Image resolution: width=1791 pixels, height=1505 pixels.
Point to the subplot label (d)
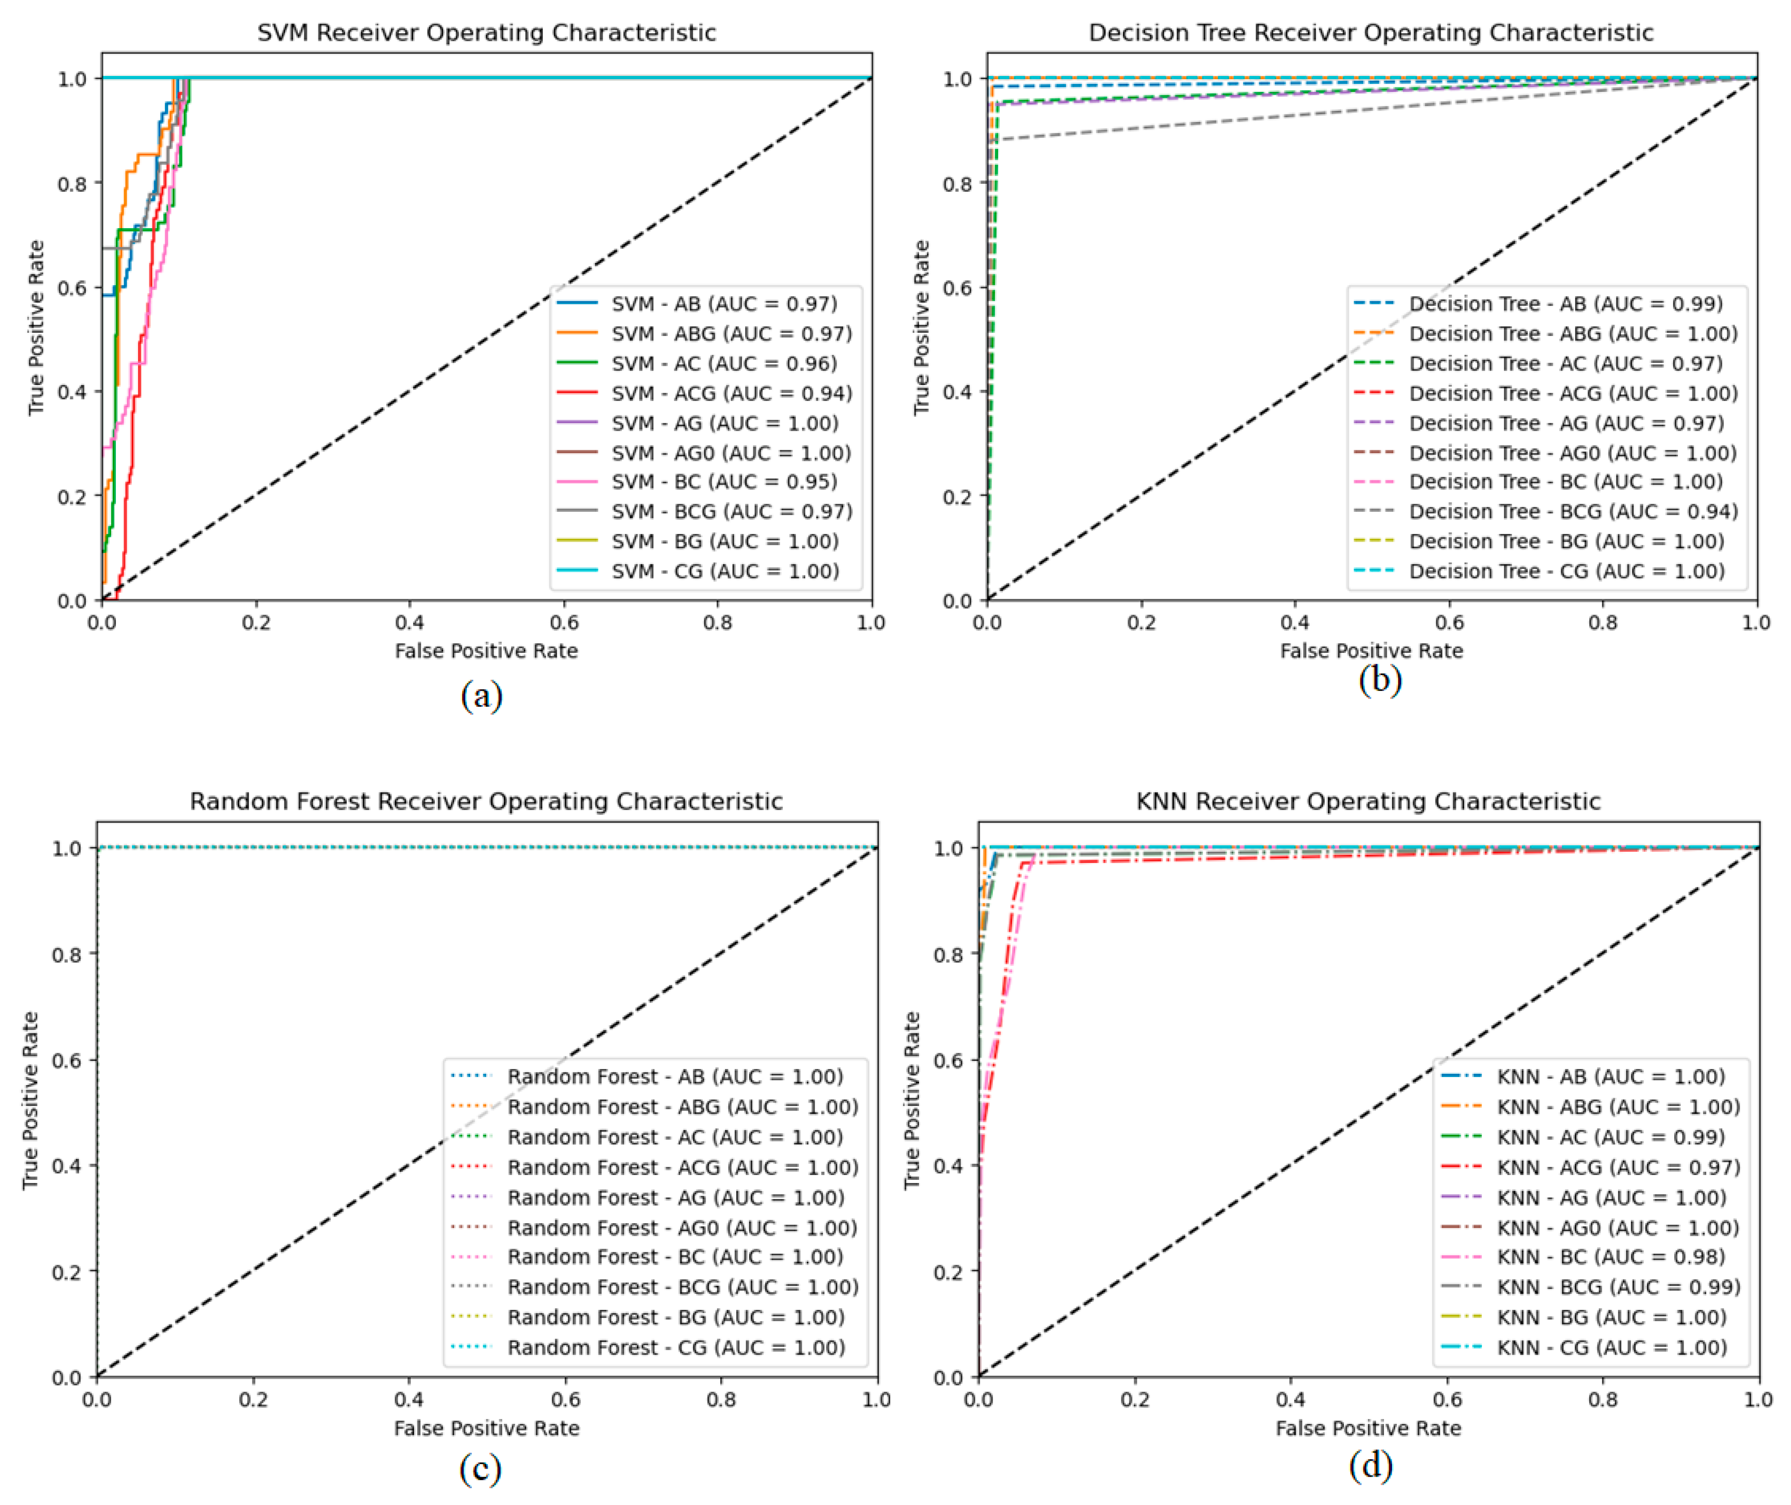1370,1465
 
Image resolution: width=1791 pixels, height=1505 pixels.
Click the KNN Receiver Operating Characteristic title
1368,801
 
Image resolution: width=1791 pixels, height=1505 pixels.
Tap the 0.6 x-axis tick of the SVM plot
564,623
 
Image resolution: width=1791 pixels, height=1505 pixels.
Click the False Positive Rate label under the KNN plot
1368,1428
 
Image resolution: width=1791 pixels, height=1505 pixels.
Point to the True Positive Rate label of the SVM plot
36,328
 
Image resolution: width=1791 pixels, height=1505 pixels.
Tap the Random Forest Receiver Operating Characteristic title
486,801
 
